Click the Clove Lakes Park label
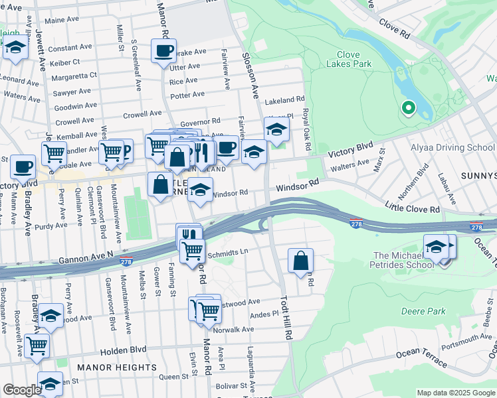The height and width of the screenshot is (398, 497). point(343,60)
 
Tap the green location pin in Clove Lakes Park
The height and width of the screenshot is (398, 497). point(408,107)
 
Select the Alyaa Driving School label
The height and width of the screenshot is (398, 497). point(461,147)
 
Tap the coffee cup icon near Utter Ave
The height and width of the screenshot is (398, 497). point(163,50)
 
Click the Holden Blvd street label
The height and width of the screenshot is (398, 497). point(123,350)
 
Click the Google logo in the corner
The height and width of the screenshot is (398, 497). point(22,390)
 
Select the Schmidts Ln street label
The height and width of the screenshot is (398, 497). point(227,252)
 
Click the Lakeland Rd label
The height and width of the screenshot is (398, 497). point(284,101)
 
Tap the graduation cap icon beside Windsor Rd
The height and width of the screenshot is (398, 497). point(199,190)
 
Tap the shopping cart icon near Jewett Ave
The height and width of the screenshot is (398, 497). point(54,153)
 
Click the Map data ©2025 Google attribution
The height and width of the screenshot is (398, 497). point(455,393)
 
